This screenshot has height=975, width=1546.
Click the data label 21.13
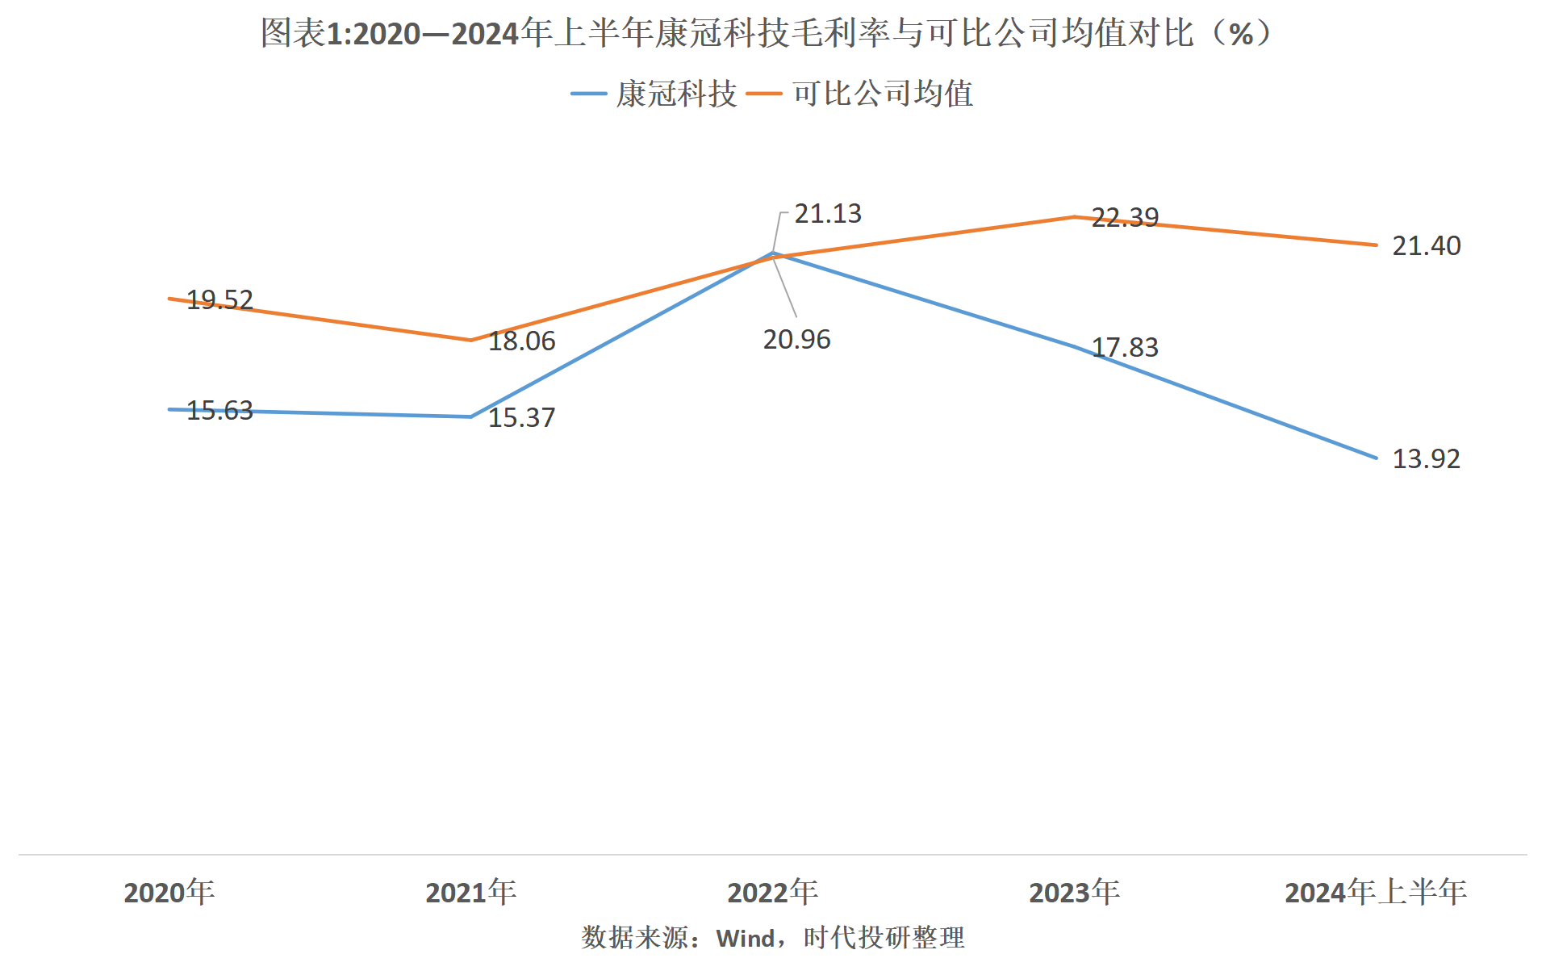pyautogui.click(x=828, y=214)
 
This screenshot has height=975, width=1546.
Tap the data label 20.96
pyautogui.click(x=796, y=340)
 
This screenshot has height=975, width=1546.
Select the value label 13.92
pyautogui.click(x=1426, y=459)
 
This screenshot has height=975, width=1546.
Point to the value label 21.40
pyautogui.click(x=1426, y=246)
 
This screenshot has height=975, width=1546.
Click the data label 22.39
pyautogui.click(x=1125, y=218)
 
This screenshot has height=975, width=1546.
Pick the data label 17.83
pyautogui.click(x=1125, y=348)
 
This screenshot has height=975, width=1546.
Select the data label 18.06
pyautogui.click(x=521, y=341)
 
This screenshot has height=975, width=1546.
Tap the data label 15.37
pyautogui.click(x=521, y=418)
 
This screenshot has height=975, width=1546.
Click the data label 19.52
pyautogui.click(x=219, y=300)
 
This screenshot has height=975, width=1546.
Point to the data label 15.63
pyautogui.click(x=219, y=411)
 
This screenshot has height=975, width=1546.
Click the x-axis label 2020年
pyautogui.click(x=169, y=893)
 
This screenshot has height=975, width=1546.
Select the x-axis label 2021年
pyautogui.click(x=470, y=893)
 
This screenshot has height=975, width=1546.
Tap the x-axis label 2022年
pyautogui.click(x=772, y=893)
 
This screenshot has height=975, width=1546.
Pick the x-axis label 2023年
pyautogui.click(x=1074, y=893)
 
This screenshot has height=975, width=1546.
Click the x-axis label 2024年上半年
pyautogui.click(x=1376, y=893)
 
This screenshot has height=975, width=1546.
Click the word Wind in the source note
pyautogui.click(x=745, y=939)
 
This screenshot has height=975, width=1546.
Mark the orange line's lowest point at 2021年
pyautogui.click(x=470, y=340)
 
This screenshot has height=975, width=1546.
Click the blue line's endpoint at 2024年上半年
pyautogui.click(x=1376, y=458)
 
